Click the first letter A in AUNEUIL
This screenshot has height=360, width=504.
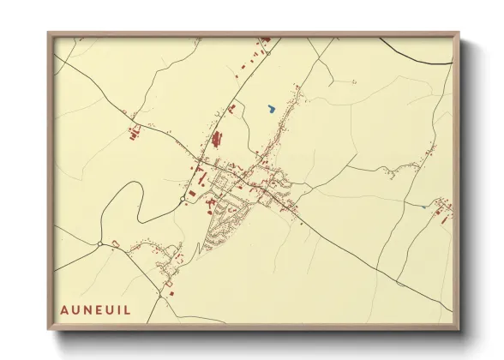click(64, 309)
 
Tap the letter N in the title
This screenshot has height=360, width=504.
click(90, 309)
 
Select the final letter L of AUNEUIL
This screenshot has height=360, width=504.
click(129, 309)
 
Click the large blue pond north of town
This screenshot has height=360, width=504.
click(271, 109)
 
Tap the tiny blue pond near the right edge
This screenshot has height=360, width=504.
click(424, 207)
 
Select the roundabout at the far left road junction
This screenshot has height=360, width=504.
click(100, 244)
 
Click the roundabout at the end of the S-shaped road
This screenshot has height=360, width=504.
click(183, 201)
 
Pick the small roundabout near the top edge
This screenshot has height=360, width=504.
click(267, 52)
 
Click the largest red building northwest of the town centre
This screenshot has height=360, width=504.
click(216, 137)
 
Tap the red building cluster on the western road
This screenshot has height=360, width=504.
click(134, 133)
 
